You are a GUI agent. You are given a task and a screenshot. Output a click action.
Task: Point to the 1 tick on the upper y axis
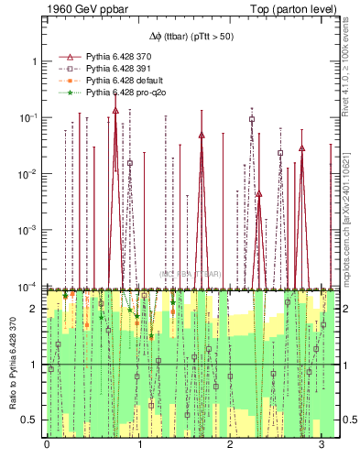click(x=34, y=61)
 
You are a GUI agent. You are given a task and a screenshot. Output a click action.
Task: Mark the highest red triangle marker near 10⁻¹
click(x=115, y=110)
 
